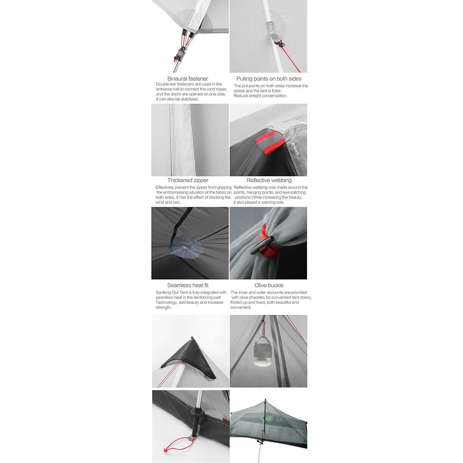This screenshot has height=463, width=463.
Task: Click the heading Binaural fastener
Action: click(x=188, y=79)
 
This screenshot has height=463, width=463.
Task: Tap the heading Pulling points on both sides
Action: click(x=269, y=79)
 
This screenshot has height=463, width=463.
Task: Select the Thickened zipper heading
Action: click(x=188, y=180)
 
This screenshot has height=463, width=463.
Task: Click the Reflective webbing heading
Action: click(x=269, y=180)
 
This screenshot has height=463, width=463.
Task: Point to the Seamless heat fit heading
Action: click(x=188, y=285)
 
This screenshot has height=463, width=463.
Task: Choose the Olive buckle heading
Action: click(x=269, y=285)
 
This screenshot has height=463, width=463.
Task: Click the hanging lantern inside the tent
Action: click(x=262, y=356)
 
